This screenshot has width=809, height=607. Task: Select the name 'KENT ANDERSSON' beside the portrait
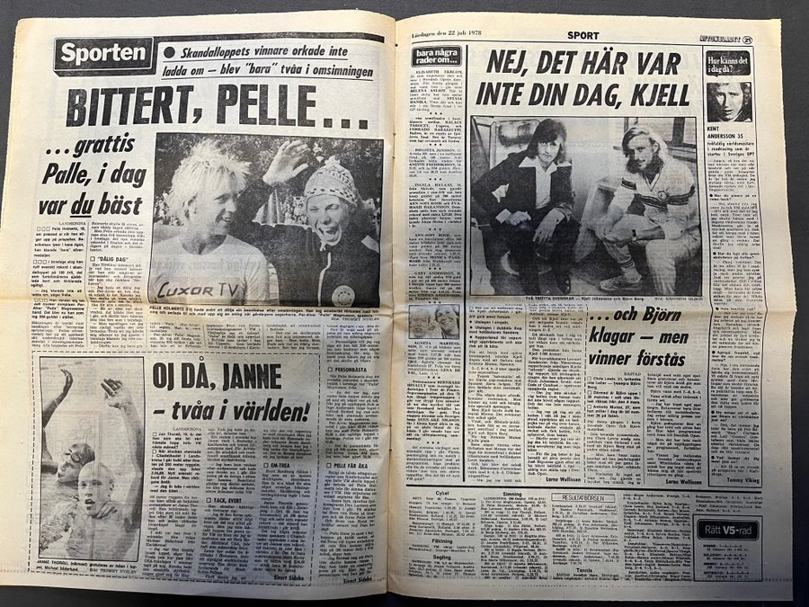click(x=727, y=132)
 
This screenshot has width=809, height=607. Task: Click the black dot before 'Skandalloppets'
click(x=169, y=52)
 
